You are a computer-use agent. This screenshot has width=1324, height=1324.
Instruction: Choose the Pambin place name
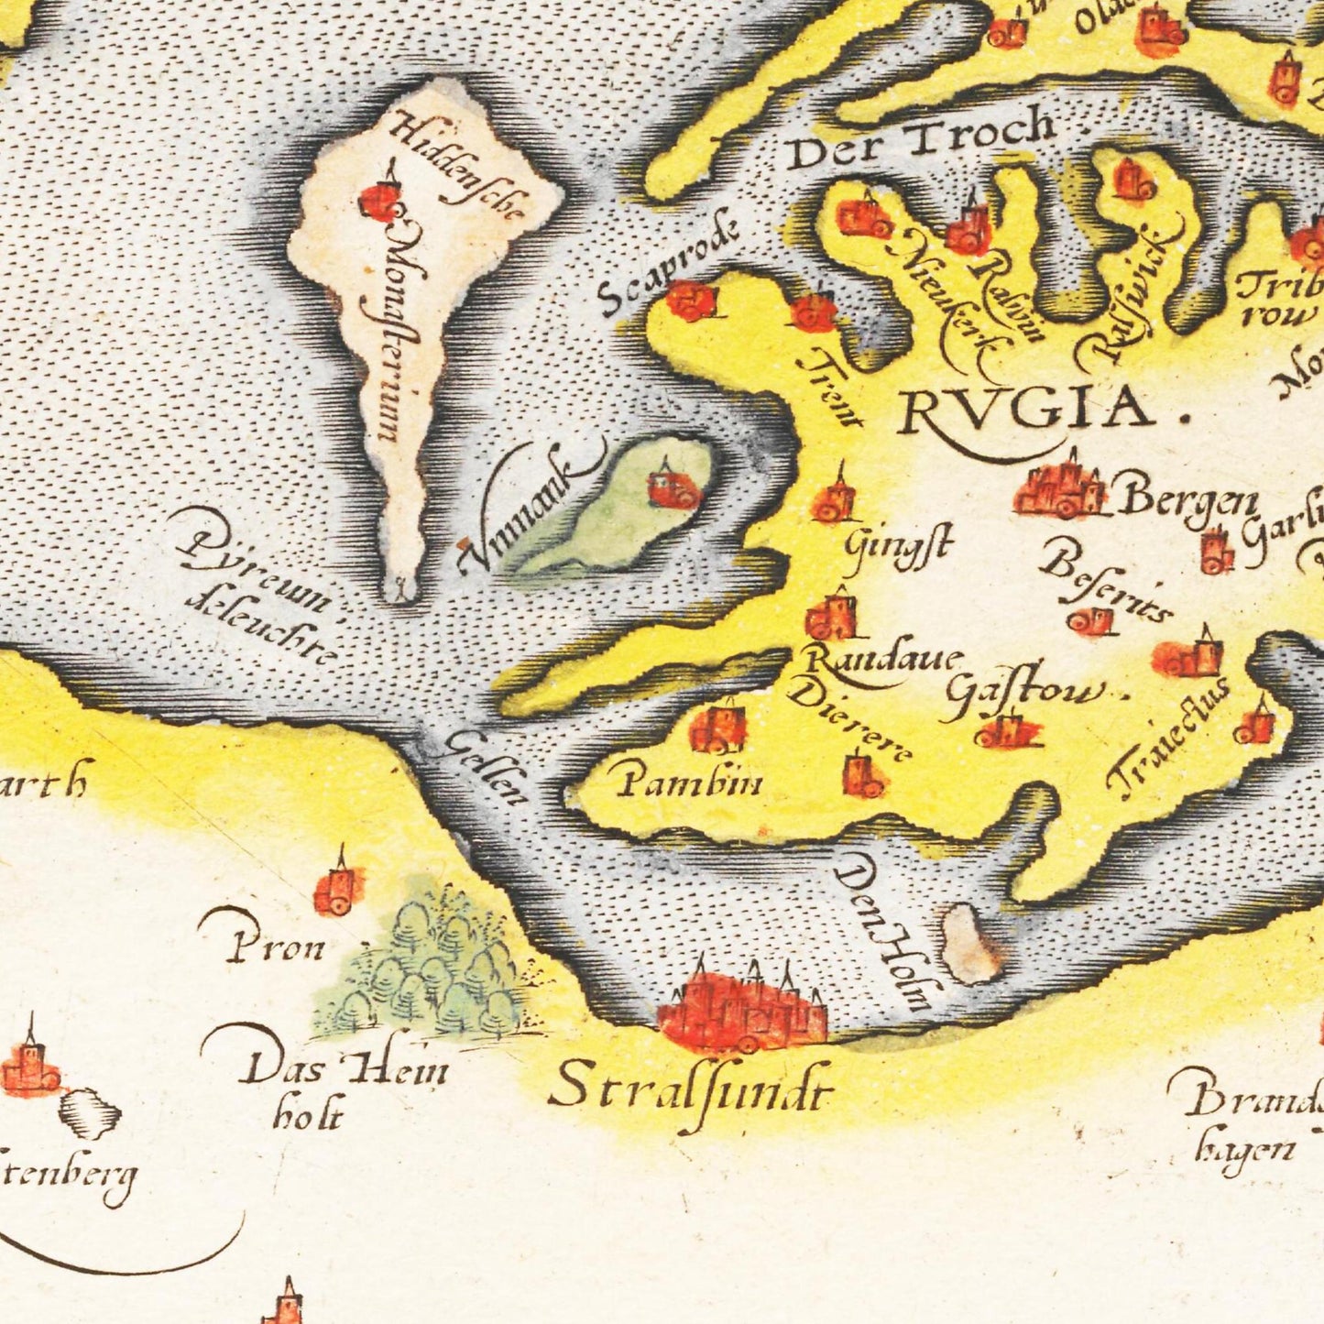tap(690, 783)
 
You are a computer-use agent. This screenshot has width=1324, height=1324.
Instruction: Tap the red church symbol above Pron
tap(336, 888)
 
